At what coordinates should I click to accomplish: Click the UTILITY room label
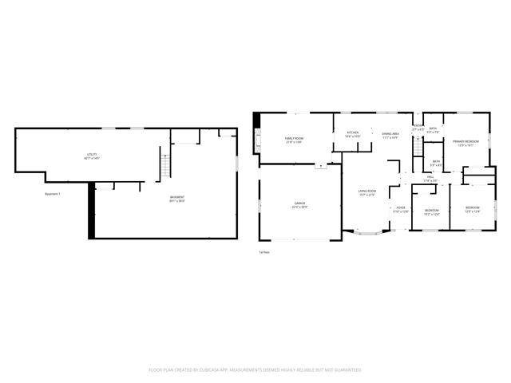[93, 155]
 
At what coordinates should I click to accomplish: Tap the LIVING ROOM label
[367, 192]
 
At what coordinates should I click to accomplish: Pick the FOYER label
[400, 210]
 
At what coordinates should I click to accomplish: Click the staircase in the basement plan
[165, 167]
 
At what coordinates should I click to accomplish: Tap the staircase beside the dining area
[416, 148]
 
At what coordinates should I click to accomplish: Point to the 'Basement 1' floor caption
[53, 194]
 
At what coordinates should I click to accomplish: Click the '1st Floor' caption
[263, 252]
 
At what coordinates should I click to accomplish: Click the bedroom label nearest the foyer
[432, 211]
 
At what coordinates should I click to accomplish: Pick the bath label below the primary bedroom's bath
[436, 163]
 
